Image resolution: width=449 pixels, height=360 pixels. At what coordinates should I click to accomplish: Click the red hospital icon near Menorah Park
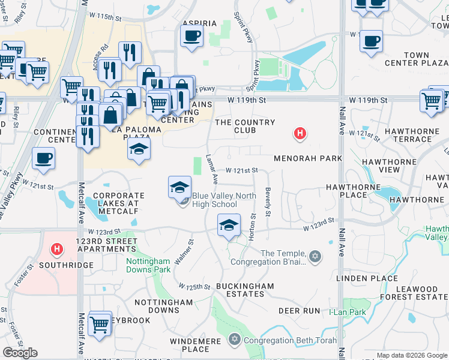[300, 134]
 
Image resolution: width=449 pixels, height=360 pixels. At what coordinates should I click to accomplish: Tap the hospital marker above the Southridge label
[57, 248]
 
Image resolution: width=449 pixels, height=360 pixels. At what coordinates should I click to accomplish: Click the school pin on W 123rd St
[228, 226]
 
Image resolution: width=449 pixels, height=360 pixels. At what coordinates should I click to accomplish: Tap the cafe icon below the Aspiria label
[191, 37]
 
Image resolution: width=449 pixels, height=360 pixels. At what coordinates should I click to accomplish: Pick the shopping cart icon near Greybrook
[100, 325]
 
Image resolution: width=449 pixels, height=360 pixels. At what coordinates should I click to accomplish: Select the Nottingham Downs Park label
[148, 265]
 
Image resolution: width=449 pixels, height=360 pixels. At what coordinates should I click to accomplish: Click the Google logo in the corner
[20, 352]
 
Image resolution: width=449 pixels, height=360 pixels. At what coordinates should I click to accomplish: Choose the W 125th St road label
[194, 286]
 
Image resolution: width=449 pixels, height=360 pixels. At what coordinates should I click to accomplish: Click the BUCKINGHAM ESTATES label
[245, 290]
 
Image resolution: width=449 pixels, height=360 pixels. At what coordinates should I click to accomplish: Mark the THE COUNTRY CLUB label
[245, 126]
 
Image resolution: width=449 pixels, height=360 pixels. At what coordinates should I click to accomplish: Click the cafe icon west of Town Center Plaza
[372, 41]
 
